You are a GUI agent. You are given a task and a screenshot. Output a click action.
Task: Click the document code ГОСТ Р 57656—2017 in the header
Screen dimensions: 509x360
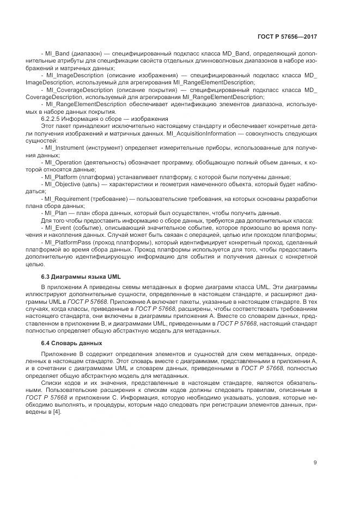point(287,37)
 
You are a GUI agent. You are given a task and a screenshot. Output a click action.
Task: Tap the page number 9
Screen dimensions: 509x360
point(315,462)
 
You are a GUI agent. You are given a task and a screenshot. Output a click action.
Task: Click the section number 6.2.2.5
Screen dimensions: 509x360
point(52,118)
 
